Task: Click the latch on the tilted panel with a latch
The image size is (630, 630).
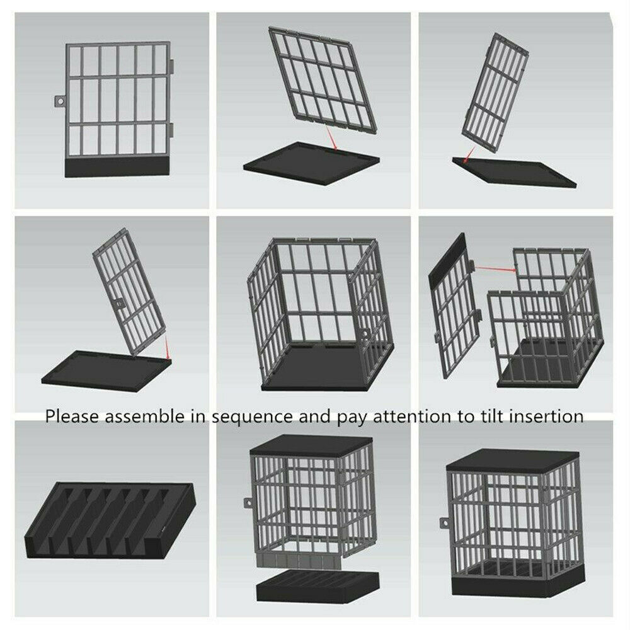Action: point(120,304)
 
